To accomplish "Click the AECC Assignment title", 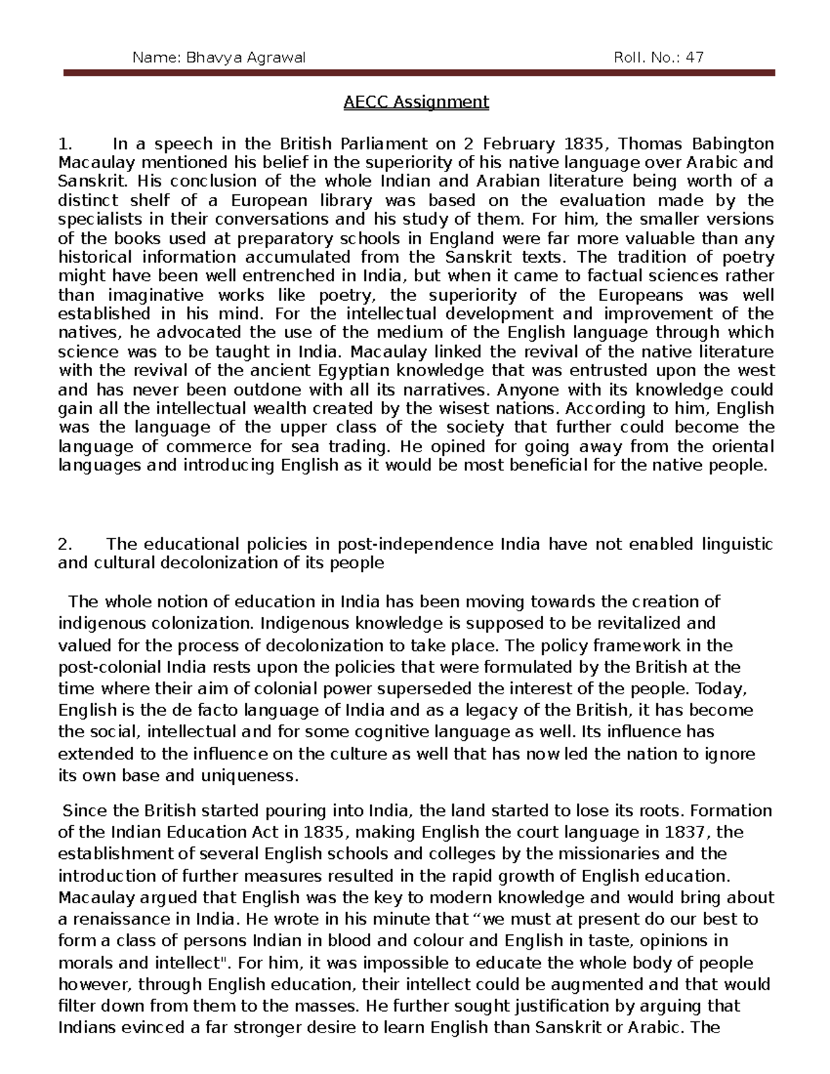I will (416, 102).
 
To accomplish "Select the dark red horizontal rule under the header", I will (419, 73).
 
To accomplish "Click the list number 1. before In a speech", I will (65, 144).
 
